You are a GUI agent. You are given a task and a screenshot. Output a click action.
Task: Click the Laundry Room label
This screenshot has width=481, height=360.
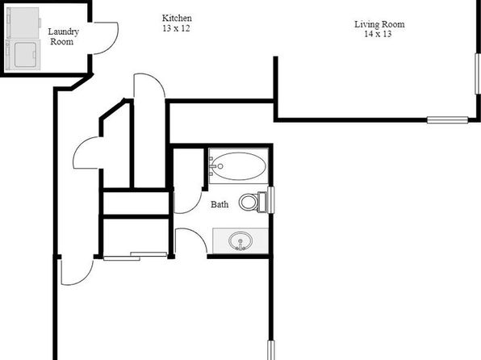[x=63, y=36]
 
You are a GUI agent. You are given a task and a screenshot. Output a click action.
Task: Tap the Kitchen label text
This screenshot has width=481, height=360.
[x=177, y=18]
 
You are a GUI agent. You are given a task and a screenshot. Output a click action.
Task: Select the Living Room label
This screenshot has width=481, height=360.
[x=379, y=24]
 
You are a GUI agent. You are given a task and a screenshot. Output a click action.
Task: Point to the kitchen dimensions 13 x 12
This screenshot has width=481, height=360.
[x=176, y=28]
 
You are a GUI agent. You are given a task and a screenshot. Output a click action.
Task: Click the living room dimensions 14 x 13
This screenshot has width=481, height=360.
[x=378, y=34]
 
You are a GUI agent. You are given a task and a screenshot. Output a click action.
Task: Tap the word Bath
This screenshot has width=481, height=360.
[x=220, y=204]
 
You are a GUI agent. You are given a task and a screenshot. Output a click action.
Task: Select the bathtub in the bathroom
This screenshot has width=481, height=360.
[x=239, y=166]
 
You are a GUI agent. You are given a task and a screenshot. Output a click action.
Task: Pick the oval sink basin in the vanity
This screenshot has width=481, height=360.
[x=240, y=241]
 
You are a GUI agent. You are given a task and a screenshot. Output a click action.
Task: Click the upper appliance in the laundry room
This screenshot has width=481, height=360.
[x=23, y=23]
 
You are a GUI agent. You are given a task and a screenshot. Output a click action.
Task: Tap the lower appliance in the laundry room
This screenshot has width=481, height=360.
[x=23, y=55]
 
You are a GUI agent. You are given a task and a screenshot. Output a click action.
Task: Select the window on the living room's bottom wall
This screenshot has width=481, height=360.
[x=448, y=120]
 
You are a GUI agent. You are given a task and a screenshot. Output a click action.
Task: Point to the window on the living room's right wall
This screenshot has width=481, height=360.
[x=478, y=73]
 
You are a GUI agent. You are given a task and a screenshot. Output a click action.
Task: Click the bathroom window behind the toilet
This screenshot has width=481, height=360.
[x=271, y=200]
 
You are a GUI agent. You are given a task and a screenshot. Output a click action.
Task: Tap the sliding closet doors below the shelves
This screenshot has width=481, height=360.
[x=135, y=256]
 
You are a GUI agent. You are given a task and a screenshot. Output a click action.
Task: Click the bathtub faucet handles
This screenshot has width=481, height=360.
[x=212, y=166]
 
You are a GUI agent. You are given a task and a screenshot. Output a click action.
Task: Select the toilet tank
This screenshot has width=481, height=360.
[x=262, y=202]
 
